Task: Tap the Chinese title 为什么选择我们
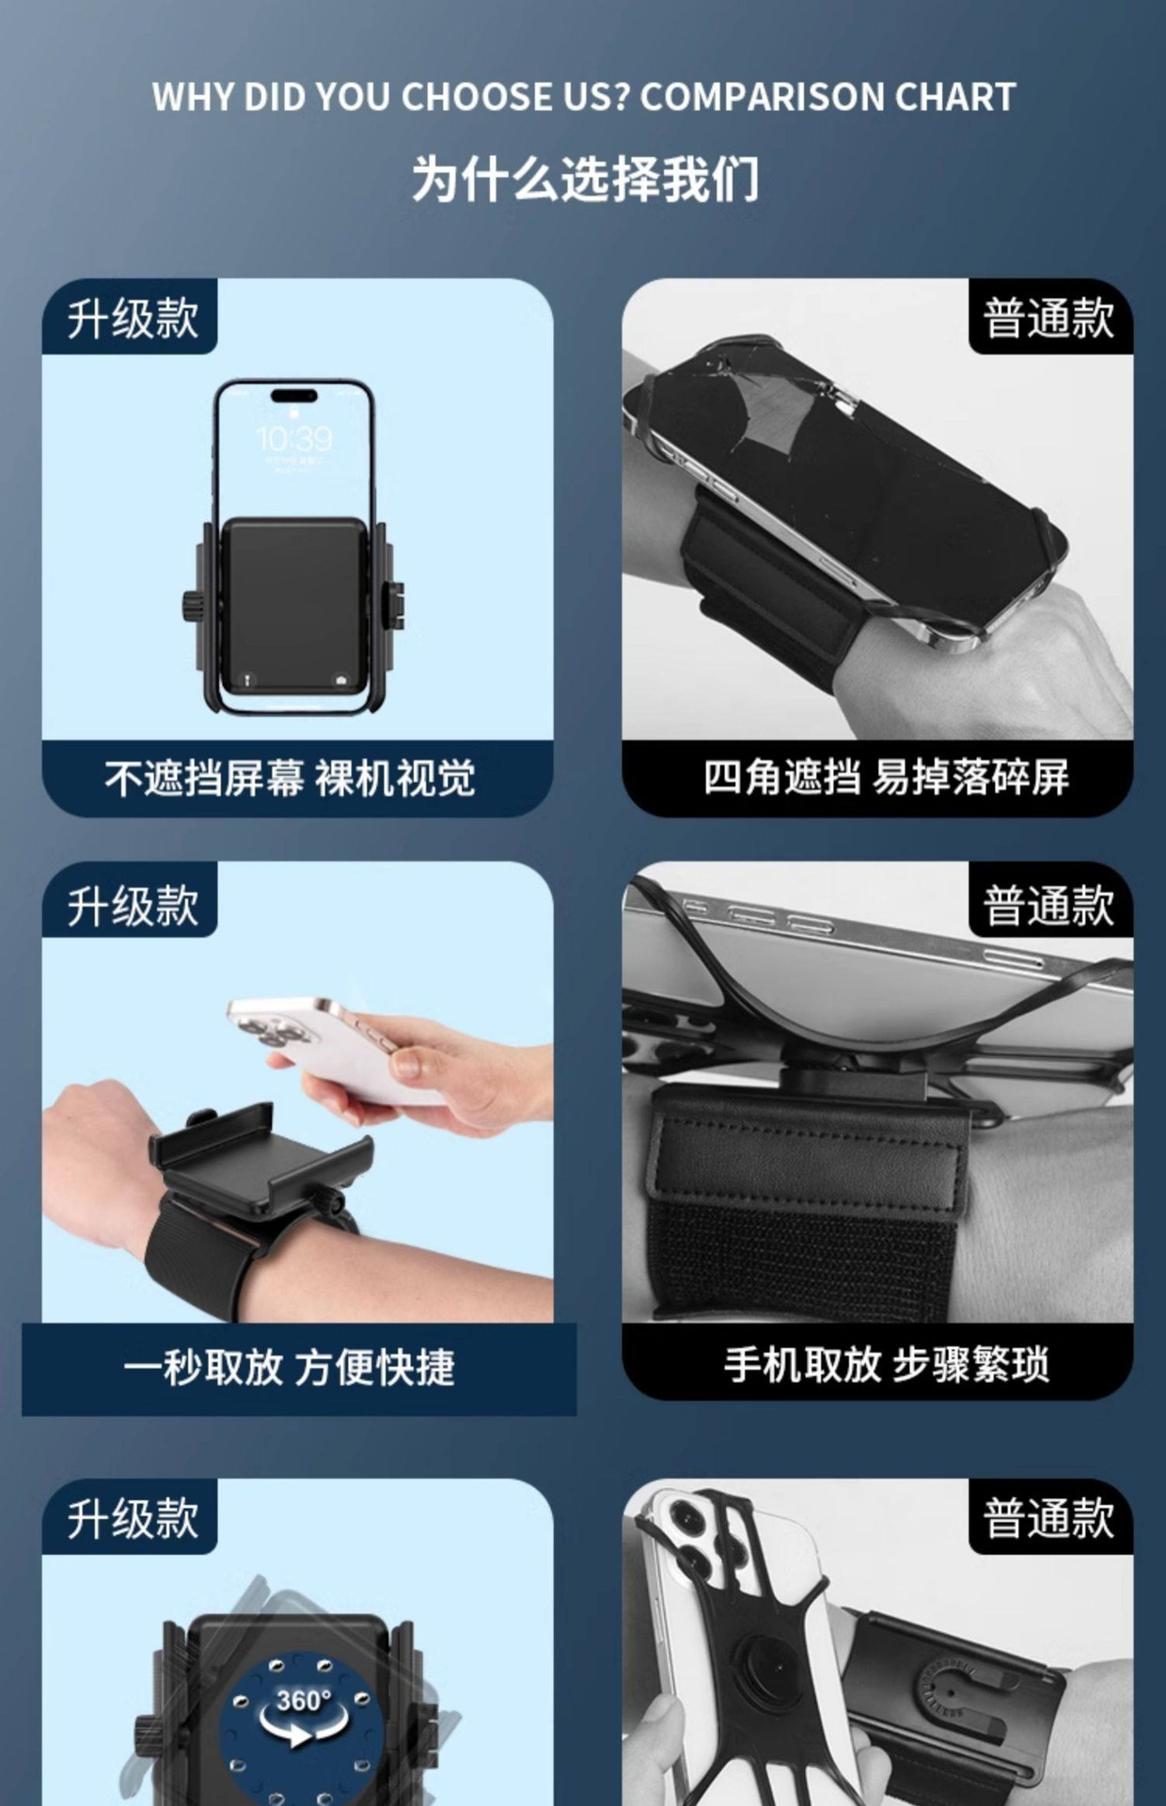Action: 584,178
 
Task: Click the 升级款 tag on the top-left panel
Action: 132,318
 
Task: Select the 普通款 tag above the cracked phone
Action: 1048,318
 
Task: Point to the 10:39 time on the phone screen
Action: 294,438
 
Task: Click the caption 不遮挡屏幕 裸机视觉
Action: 291,778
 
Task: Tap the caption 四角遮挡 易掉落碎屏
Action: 887,778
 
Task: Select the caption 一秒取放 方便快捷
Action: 290,1368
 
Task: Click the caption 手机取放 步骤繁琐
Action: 887,1365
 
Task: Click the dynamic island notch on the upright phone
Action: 293,396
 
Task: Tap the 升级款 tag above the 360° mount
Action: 132,1518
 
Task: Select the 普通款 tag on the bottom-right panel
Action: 1048,1518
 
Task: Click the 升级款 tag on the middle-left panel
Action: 132,905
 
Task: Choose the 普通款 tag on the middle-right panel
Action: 1048,905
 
